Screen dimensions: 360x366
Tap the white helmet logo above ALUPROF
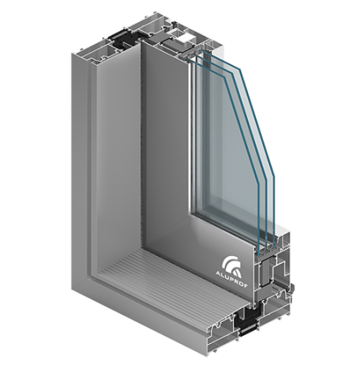231,267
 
